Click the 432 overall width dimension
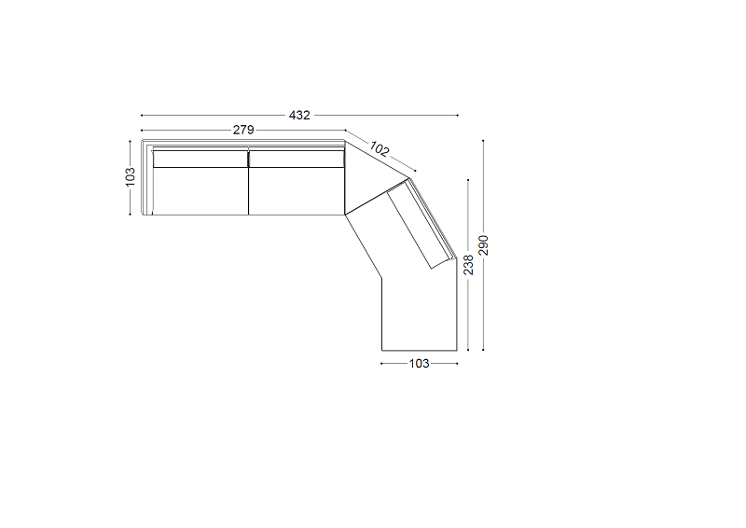pos(299,116)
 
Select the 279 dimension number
pos(243,130)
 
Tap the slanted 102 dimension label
pos(380,149)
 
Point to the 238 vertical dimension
pos(469,265)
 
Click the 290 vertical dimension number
pos(483,245)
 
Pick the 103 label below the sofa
pos(419,364)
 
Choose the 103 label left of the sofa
pos(130,176)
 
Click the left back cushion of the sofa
pos(200,159)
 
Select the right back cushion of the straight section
pos(297,159)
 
